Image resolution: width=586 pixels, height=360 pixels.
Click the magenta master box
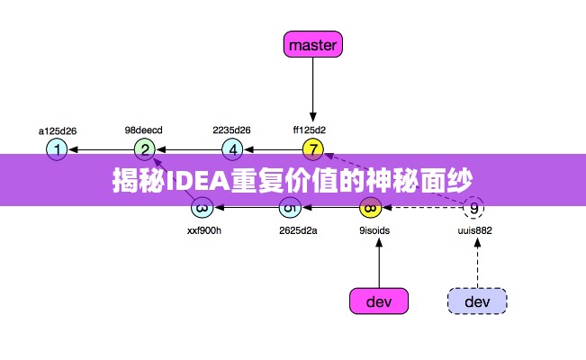click(x=313, y=43)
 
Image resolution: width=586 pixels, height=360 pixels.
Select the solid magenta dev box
click(x=379, y=301)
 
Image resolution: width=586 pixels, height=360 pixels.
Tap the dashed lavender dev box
click(x=477, y=301)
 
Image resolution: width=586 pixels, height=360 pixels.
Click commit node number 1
click(x=57, y=148)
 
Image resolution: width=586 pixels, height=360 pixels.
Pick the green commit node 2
click(x=145, y=148)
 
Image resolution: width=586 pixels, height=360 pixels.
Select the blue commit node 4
click(x=232, y=148)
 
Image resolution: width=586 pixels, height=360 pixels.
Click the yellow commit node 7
click(x=312, y=148)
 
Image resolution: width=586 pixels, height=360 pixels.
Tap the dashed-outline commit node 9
click(x=473, y=209)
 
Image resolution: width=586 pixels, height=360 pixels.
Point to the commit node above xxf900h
click(x=203, y=209)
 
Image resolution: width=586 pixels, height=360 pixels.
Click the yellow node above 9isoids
click(x=370, y=209)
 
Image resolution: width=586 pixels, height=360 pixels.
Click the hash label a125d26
click(x=57, y=130)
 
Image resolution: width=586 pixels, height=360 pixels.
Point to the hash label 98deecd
click(x=144, y=130)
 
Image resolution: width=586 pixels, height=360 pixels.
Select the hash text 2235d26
click(x=231, y=130)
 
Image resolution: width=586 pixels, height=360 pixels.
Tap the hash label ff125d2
click(x=310, y=130)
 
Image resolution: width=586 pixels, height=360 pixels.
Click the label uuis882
click(x=474, y=230)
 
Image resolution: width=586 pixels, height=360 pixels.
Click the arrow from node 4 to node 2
click(x=189, y=148)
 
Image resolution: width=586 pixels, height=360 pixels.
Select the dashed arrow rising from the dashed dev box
click(x=476, y=261)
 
